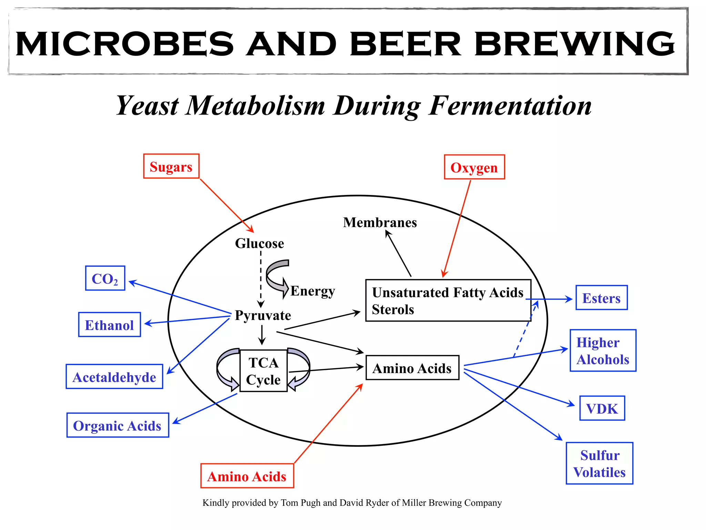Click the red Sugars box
coord(171,166)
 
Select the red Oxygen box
coord(474,167)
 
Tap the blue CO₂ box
coord(105,278)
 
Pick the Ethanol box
coord(109,325)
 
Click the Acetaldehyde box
coord(114,377)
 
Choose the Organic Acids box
coord(118,425)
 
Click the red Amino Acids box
coord(247,476)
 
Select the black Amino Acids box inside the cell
coord(412,368)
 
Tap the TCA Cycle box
coord(263,371)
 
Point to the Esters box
coord(601,298)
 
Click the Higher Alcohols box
coord(603,351)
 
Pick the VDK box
coord(602,409)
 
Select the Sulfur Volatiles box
coord(599,463)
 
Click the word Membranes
coord(380,223)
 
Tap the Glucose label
coord(259,244)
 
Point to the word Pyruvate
coord(263,315)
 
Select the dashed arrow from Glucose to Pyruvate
coord(261,279)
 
